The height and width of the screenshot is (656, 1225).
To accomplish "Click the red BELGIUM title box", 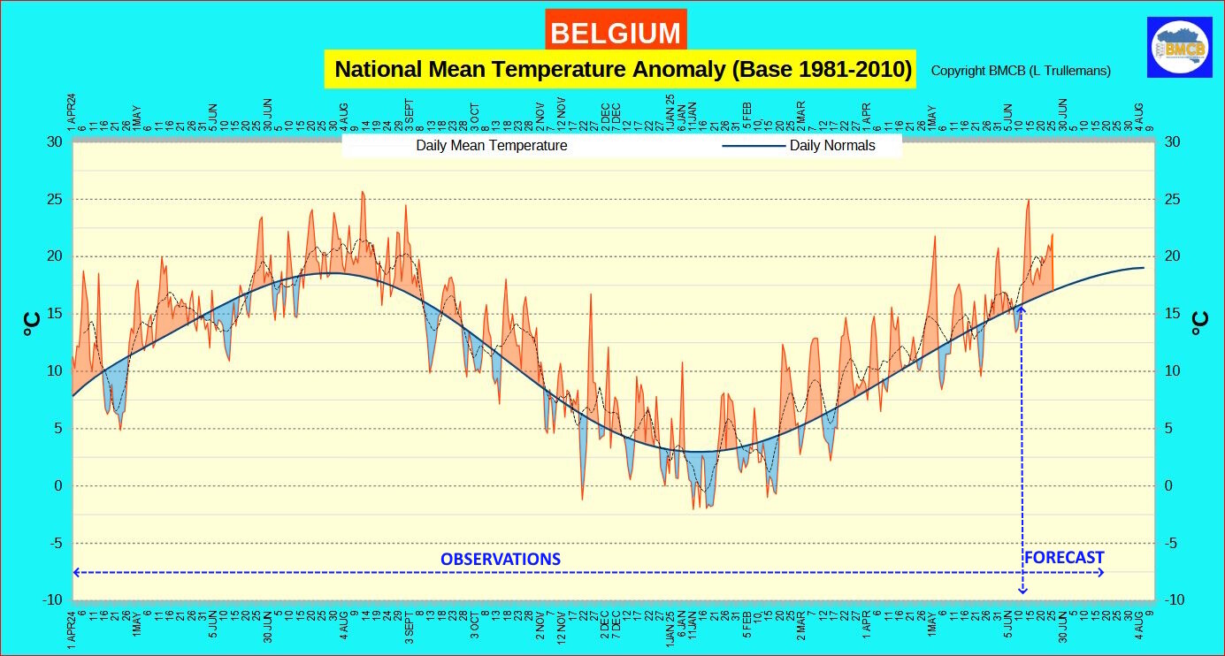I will pos(616,33).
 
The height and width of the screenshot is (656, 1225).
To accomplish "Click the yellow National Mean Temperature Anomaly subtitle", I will pos(622,69).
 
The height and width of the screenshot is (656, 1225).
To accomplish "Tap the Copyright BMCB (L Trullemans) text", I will pos(1021,71).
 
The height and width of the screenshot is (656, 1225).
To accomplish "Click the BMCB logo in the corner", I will pos(1179,47).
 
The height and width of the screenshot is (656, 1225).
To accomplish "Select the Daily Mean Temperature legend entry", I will pos(492,146).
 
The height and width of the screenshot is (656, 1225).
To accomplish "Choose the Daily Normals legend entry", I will pos(831,146).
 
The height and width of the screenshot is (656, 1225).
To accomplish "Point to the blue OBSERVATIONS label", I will pos(501,559).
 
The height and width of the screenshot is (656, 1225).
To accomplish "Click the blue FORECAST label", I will pos(1063,558).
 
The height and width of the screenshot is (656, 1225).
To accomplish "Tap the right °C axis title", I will pos(1199,323).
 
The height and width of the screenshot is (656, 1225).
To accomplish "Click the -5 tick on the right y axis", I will pos(1172,544).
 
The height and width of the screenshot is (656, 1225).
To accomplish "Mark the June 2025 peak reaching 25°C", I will pos(1028,202).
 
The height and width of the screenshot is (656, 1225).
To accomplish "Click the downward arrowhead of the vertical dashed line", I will pos(1022,591).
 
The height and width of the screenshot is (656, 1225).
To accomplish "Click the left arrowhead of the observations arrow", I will pos(76,573).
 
